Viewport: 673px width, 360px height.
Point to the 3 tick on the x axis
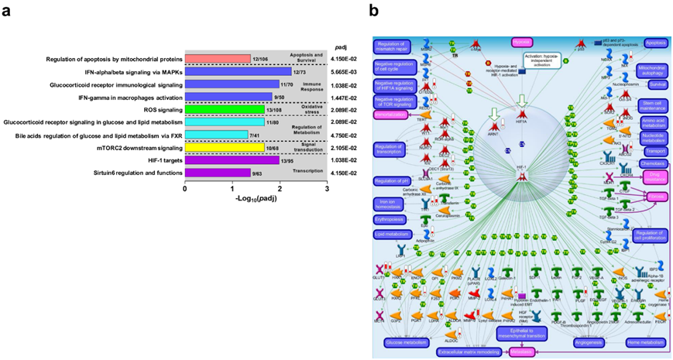tap(329, 187)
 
